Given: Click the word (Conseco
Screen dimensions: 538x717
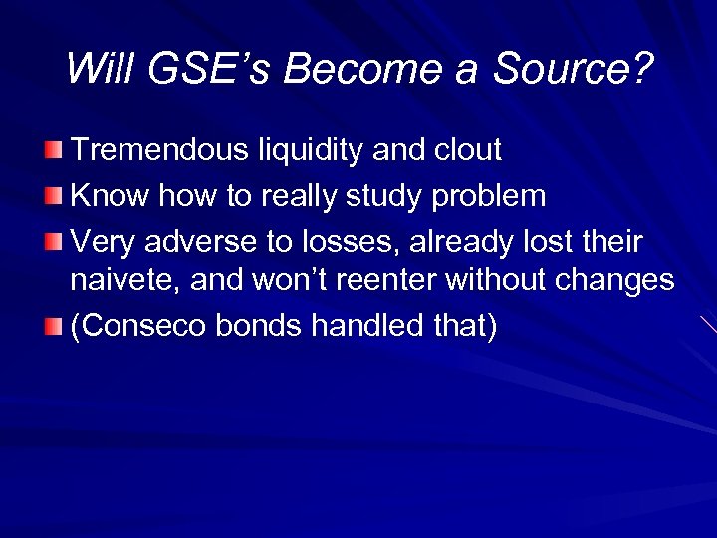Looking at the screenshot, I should tap(132, 326).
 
